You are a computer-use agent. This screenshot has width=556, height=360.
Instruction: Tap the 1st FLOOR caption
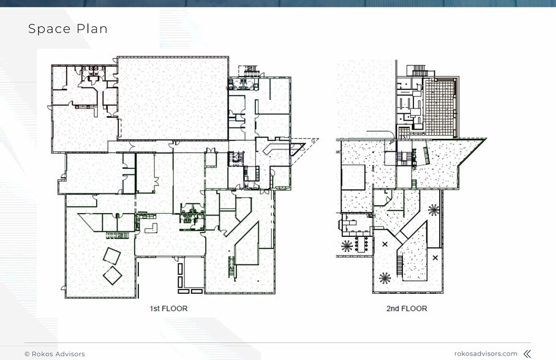(168, 309)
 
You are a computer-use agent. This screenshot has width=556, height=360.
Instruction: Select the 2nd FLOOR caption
(407, 309)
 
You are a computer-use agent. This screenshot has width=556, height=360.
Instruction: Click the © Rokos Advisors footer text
(54, 354)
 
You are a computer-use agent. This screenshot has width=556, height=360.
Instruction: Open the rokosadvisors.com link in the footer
(486, 354)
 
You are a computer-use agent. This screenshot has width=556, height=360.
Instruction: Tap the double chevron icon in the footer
(527, 354)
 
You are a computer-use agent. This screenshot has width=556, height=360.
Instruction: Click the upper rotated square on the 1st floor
(111, 256)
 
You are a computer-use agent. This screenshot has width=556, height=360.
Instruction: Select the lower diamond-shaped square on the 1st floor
(113, 276)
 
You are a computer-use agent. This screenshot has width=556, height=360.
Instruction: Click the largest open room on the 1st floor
(173, 98)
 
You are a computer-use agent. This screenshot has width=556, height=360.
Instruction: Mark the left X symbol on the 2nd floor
(385, 244)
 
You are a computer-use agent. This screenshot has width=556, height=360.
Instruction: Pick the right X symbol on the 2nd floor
(435, 258)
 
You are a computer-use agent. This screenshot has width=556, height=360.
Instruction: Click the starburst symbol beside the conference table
(347, 246)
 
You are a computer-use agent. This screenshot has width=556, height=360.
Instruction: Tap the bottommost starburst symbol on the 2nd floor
(385, 278)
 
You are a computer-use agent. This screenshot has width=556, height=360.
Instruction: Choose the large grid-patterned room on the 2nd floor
(440, 108)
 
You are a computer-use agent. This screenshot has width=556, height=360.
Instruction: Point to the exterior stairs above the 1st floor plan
(249, 70)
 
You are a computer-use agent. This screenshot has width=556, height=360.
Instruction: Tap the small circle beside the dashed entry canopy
(313, 141)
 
